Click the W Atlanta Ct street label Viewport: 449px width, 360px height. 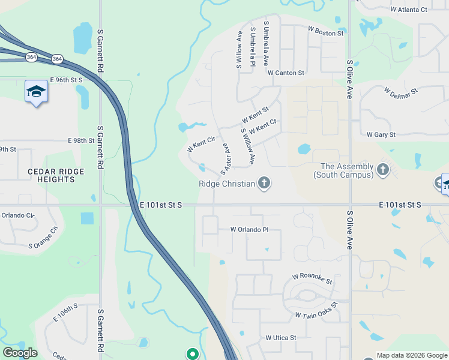(x=408, y=10)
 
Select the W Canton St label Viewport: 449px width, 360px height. (x=286, y=73)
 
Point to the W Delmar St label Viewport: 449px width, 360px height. (x=400, y=92)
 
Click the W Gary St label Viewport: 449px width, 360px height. (x=381, y=135)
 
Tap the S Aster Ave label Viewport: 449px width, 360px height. (x=226, y=158)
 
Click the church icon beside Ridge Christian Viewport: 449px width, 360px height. (x=264, y=183)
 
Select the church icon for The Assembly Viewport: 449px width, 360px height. (x=384, y=170)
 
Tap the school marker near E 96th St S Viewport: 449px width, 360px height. (x=36, y=92)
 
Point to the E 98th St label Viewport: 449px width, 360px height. (x=82, y=140)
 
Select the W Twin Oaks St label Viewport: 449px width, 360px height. (x=316, y=310)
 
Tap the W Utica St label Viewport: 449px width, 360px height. (x=281, y=338)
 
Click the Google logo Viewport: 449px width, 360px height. (x=20, y=353)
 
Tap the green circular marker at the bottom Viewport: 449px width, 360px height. (x=192, y=354)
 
